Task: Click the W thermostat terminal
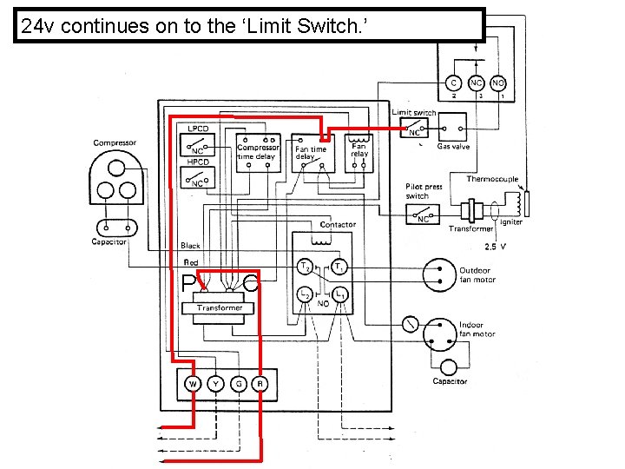193,384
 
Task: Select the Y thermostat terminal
214,384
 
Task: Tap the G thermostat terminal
237,384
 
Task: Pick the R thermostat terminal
260,384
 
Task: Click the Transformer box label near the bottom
220,307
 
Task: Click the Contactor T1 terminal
340,266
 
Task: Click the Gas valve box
451,129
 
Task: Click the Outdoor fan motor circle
439,274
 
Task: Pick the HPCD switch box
197,178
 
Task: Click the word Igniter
511,222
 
